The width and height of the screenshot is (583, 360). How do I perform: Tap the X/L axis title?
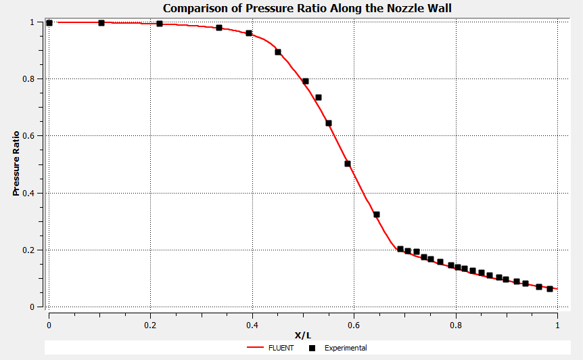pyautogui.click(x=302, y=335)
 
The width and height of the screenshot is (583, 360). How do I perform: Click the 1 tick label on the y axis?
pyautogui.click(x=34, y=22)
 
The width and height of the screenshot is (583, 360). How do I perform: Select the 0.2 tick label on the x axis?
pyautogui.click(x=151, y=324)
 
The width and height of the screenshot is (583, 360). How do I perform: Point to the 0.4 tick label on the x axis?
pyautogui.click(x=252, y=324)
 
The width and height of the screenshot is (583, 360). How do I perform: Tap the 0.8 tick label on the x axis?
pyautogui.click(x=456, y=324)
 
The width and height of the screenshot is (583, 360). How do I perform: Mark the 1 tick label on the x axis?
pyautogui.click(x=557, y=324)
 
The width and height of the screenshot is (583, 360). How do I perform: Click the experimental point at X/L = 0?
pyautogui.click(x=49, y=23)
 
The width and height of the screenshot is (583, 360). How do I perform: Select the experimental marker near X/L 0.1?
pyautogui.click(x=101, y=23)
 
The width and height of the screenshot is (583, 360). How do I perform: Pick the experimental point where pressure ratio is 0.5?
pyautogui.click(x=348, y=164)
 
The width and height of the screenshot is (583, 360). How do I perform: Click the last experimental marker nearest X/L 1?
pyautogui.click(x=550, y=289)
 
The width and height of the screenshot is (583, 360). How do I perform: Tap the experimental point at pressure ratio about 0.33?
pyautogui.click(x=377, y=215)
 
